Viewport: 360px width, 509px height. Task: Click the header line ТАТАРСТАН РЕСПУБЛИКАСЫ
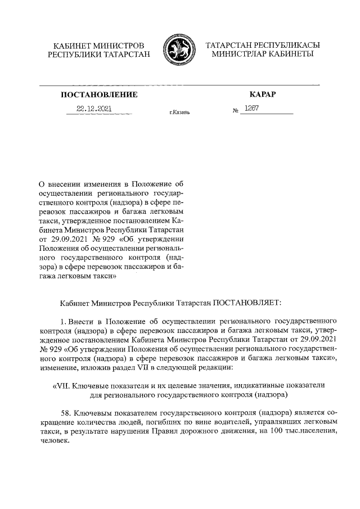coord(263,45)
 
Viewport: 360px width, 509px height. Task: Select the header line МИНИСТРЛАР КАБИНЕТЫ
coord(263,55)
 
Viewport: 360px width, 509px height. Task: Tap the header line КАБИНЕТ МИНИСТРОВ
coord(99,45)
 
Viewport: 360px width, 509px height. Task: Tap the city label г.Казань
coord(179,112)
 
